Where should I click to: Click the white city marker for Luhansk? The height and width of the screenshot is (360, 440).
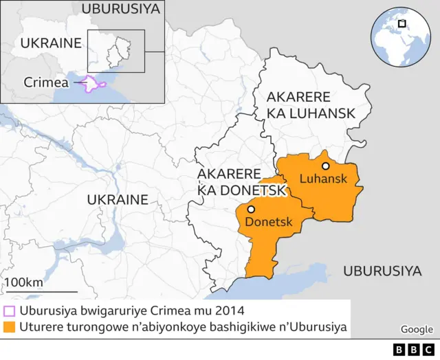point(325,166)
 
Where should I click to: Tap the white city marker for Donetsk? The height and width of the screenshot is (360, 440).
point(252,209)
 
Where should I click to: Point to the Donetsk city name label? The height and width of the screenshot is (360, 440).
point(269,223)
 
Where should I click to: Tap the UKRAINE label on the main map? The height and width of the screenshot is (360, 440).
point(117,200)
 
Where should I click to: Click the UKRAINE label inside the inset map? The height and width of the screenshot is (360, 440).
point(51,43)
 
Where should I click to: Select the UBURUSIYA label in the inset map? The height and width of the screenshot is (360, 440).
point(120,9)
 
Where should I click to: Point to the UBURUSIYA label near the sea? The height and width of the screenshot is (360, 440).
point(382,271)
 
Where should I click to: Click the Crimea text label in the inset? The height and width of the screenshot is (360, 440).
point(46,82)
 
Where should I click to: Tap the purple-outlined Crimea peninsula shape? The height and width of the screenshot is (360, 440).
point(94,84)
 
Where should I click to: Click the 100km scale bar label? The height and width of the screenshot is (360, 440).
point(24,282)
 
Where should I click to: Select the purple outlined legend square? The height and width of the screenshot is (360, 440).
point(10,311)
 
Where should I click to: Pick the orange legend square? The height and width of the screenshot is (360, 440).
point(10,328)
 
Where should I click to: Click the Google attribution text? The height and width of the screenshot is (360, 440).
point(417,330)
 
